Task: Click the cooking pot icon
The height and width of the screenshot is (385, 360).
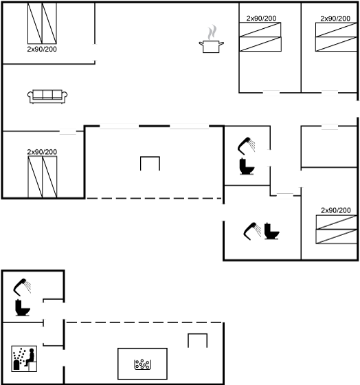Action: [x=212, y=47]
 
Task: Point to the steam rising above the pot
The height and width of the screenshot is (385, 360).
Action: [x=212, y=32]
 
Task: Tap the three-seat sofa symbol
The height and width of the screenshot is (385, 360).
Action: [x=47, y=96]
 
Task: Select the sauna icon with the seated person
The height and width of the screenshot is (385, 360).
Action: [x=24, y=359]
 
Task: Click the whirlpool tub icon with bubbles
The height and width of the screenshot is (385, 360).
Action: [x=142, y=364]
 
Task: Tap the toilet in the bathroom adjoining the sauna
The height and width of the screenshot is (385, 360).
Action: [x=23, y=308]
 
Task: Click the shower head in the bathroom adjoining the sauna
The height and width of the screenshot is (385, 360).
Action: [x=22, y=287]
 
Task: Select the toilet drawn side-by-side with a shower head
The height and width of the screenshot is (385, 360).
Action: [x=271, y=231]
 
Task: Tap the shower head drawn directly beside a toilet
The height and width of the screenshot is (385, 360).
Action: [x=252, y=231]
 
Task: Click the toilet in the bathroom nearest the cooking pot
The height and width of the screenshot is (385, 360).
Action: [x=247, y=166]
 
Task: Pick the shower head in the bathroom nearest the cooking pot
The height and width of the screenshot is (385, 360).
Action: [x=247, y=146]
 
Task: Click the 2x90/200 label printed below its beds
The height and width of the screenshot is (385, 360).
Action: [x=42, y=49]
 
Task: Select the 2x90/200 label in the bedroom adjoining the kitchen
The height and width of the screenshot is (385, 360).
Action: [x=261, y=18]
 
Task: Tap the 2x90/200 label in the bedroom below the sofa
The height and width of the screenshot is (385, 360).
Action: [x=42, y=152]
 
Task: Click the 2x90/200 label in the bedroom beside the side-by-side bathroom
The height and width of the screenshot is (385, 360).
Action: [x=336, y=210]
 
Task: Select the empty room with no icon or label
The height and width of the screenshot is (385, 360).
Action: [x=329, y=147]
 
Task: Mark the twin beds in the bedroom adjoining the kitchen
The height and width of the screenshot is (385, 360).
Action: [x=260, y=37]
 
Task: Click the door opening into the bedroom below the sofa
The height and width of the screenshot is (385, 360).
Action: [x=68, y=131]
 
